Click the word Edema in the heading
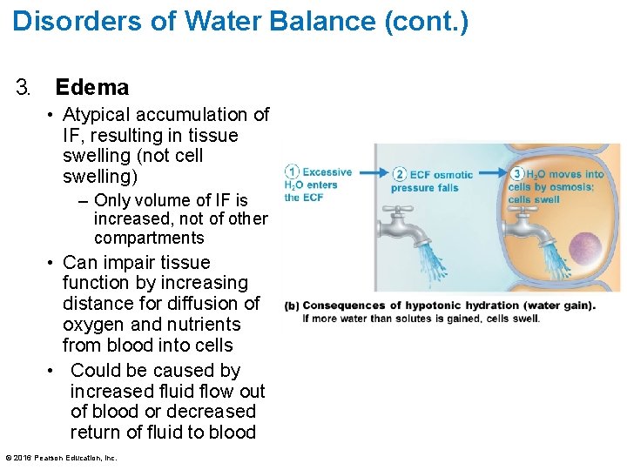[91, 87]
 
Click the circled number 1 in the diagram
[293, 171]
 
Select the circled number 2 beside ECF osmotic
[400, 174]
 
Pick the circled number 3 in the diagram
[518, 173]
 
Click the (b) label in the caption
[292, 305]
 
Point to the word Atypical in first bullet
[97, 115]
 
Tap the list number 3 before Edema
[23, 87]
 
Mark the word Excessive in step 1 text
[327, 172]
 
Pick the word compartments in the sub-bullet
[149, 238]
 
